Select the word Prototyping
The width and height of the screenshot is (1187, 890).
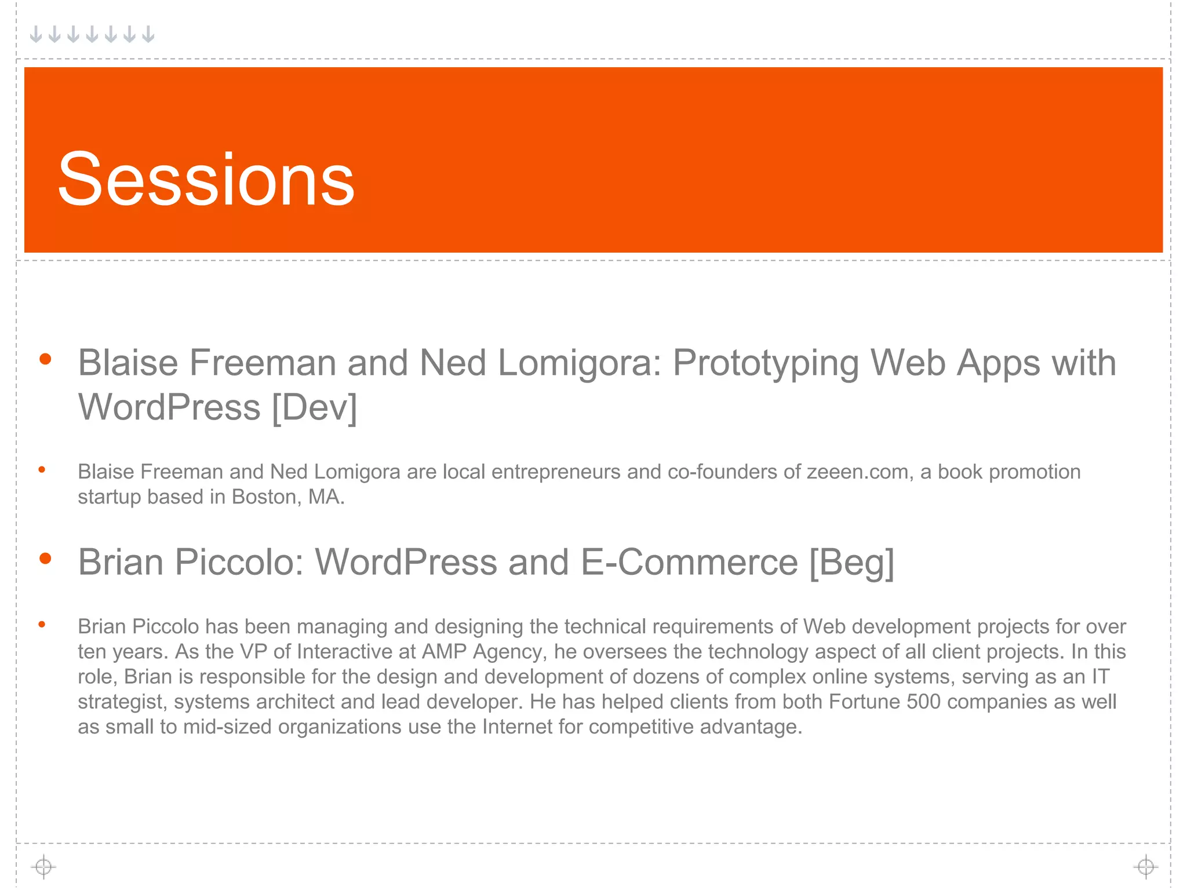click(765, 363)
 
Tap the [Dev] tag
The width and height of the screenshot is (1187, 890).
click(314, 407)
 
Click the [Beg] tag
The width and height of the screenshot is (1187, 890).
click(851, 562)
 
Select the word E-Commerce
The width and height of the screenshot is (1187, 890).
click(689, 562)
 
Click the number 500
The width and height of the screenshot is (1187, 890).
click(923, 702)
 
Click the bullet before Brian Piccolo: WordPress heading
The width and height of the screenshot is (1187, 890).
click(45, 559)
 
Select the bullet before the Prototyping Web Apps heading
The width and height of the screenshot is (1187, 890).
click(45, 359)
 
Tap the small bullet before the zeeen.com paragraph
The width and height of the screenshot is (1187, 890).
click(42, 470)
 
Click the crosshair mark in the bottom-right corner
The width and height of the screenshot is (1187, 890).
click(1145, 867)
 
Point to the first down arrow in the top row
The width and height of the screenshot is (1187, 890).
click(36, 34)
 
